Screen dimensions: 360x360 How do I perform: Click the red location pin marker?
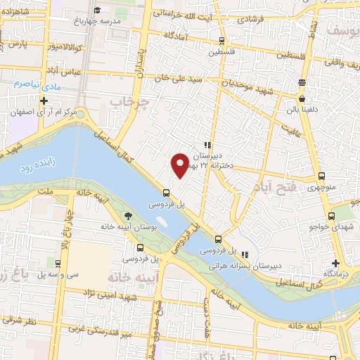[x=180, y=164]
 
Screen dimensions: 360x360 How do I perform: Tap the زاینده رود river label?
[x=31, y=168]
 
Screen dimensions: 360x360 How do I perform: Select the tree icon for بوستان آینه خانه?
[x=127, y=216]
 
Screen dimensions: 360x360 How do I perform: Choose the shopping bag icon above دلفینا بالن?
[x=302, y=82]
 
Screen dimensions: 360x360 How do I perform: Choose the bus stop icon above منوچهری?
[x=321, y=176]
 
